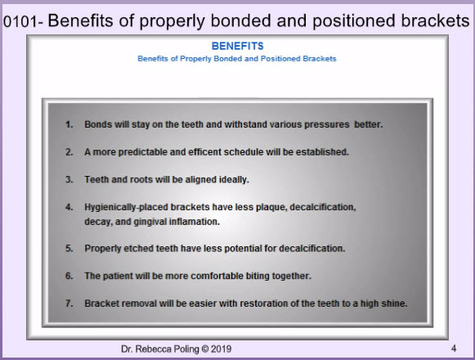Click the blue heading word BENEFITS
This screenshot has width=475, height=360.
pyautogui.click(x=237, y=46)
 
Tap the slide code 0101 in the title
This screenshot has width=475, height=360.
pyautogui.click(x=20, y=22)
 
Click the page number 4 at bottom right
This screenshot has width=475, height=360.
pyautogui.click(x=454, y=349)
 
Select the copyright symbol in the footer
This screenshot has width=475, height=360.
pyautogui.click(x=205, y=349)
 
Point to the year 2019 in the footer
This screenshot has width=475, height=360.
pyautogui.click(x=221, y=349)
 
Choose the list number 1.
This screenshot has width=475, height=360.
pyautogui.click(x=69, y=124)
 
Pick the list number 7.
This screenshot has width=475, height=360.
pyautogui.click(x=69, y=304)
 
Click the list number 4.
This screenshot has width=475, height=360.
pyautogui.click(x=69, y=207)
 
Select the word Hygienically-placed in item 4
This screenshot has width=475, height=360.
pyautogui.click(x=126, y=208)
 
